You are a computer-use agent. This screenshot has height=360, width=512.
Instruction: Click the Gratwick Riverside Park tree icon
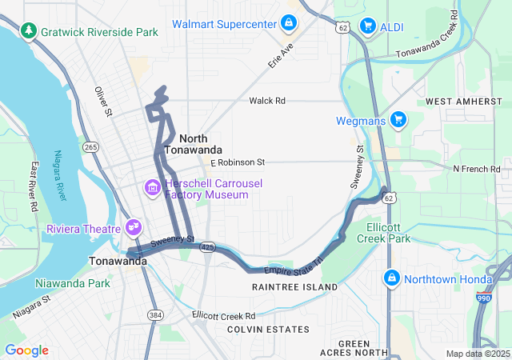(30, 31)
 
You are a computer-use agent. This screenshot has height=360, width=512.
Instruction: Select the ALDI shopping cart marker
(368, 26)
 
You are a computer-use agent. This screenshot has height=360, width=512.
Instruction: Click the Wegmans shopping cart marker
(398, 121)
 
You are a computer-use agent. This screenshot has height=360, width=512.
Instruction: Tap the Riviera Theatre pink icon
(133, 227)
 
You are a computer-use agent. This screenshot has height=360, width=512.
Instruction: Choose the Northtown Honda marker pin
(391, 278)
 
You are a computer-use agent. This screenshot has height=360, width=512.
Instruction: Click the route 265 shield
(90, 146)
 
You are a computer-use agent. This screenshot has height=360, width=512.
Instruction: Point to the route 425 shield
(208, 247)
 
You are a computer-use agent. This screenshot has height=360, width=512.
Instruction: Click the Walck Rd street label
(267, 101)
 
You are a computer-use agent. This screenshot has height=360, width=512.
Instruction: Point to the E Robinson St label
(238, 162)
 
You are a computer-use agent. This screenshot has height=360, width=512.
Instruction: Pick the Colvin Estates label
(268, 330)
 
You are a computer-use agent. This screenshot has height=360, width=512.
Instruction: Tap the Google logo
(26, 350)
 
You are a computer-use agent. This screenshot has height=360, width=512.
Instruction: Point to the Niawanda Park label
(73, 283)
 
